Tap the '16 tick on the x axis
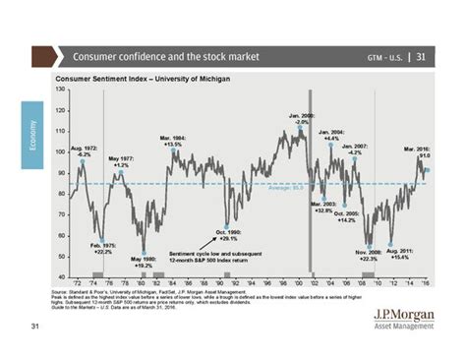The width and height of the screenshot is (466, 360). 424,285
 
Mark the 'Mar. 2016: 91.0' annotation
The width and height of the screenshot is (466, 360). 418,150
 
